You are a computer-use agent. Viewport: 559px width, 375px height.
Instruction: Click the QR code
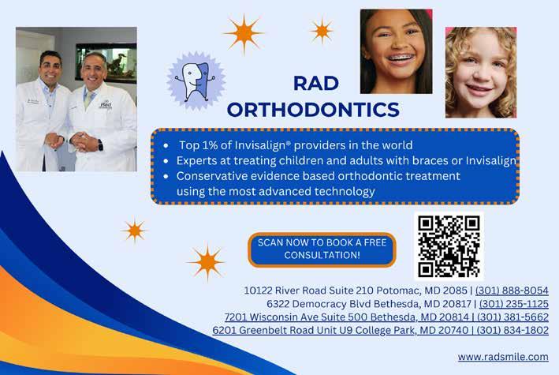coord(449,246)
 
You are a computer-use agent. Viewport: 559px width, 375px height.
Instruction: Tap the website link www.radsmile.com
coord(503,357)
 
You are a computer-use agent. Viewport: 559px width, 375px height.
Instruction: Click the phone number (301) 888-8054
coord(512,291)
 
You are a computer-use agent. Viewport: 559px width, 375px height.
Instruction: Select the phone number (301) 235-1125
coord(514,304)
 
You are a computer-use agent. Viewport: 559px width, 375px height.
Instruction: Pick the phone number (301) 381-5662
coord(512,317)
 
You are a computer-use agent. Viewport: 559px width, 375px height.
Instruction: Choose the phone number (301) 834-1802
coord(512,330)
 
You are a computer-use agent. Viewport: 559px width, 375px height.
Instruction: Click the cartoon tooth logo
coord(196,81)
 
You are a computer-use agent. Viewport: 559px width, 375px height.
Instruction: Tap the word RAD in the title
coord(316,84)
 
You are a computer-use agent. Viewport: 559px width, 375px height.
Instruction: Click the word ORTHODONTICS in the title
coord(313,110)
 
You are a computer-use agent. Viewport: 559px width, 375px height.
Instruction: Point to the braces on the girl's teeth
coord(400,58)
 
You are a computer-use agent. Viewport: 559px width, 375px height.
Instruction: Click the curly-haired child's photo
coord(481,73)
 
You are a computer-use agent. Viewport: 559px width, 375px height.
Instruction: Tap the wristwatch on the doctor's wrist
coord(100,144)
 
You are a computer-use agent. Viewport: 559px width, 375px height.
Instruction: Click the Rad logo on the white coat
coord(106,105)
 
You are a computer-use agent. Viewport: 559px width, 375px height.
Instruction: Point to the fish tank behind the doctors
coord(106,63)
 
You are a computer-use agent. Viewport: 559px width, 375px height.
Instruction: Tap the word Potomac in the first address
coord(398,291)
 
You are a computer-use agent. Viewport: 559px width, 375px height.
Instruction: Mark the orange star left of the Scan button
coord(207,262)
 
